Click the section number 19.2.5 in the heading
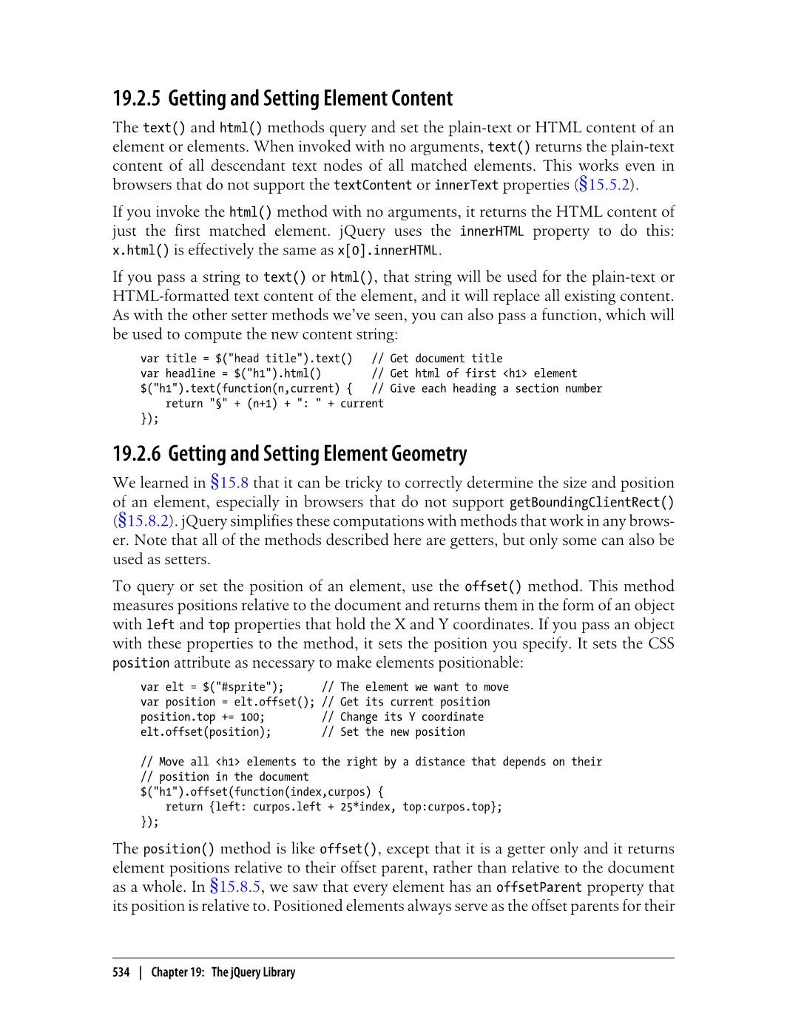click(x=137, y=98)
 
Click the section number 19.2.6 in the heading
click(x=137, y=453)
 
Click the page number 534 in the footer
click(x=121, y=972)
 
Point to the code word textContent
click(x=372, y=185)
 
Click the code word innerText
click(x=466, y=185)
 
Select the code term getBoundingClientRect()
click(x=592, y=503)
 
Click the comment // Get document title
click(x=436, y=359)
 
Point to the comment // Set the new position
click(x=393, y=732)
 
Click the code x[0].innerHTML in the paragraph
click(x=388, y=251)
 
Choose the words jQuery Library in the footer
click(x=262, y=972)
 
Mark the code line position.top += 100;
click(x=203, y=717)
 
